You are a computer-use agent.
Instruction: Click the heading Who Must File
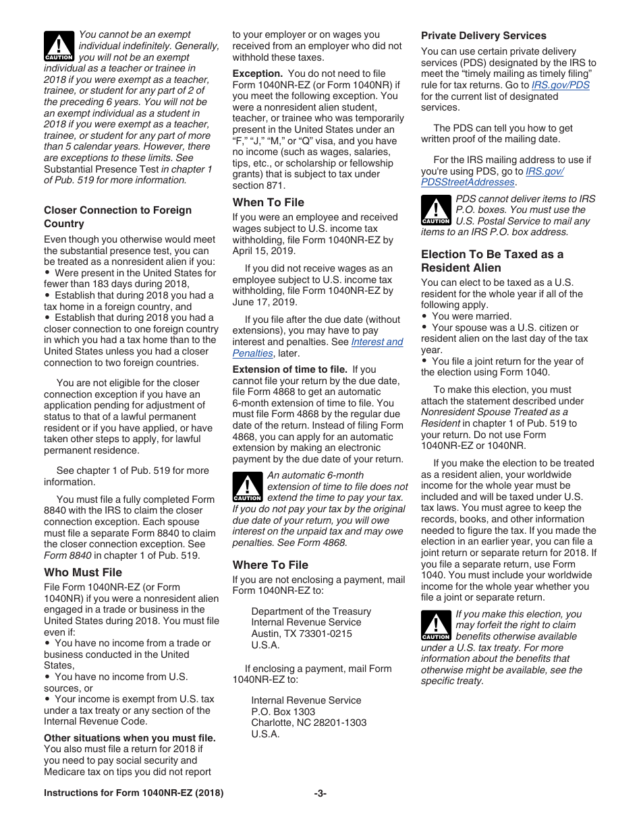click(83, 572)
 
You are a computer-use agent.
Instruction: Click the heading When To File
click(268, 202)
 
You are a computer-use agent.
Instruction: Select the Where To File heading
click(270, 565)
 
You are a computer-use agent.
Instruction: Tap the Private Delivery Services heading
click(483, 36)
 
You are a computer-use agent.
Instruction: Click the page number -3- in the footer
click(320, 793)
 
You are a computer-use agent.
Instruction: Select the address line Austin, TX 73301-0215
click(301, 634)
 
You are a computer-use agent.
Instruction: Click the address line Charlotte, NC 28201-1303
click(308, 723)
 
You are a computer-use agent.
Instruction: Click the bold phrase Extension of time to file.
click(289, 369)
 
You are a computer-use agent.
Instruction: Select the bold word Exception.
click(257, 73)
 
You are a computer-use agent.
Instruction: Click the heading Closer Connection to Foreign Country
click(117, 216)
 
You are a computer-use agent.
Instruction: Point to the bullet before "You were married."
click(424, 317)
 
